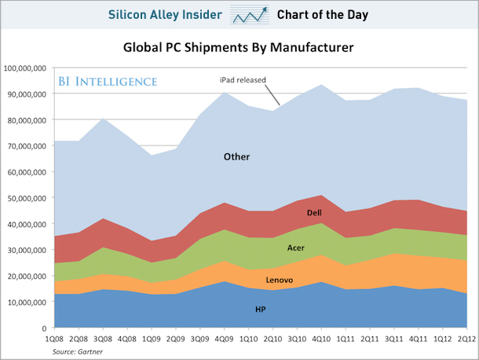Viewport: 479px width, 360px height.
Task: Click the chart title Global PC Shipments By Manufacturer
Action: tap(239, 48)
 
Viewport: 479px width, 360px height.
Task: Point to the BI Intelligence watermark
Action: tap(107, 81)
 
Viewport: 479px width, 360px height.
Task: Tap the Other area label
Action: tap(236, 156)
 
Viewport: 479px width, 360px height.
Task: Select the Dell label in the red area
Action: tap(314, 213)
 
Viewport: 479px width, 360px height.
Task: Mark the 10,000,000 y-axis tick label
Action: tap(28, 302)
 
